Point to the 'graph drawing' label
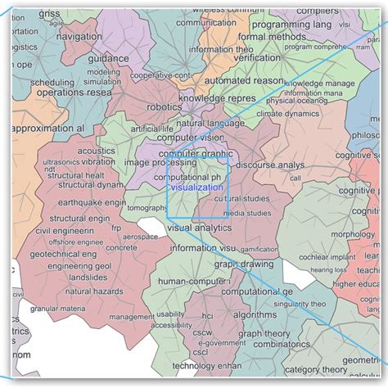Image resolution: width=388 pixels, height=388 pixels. coord(243,264)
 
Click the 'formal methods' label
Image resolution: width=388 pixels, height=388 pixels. coord(281,36)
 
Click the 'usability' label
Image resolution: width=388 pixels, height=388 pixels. coord(169,314)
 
